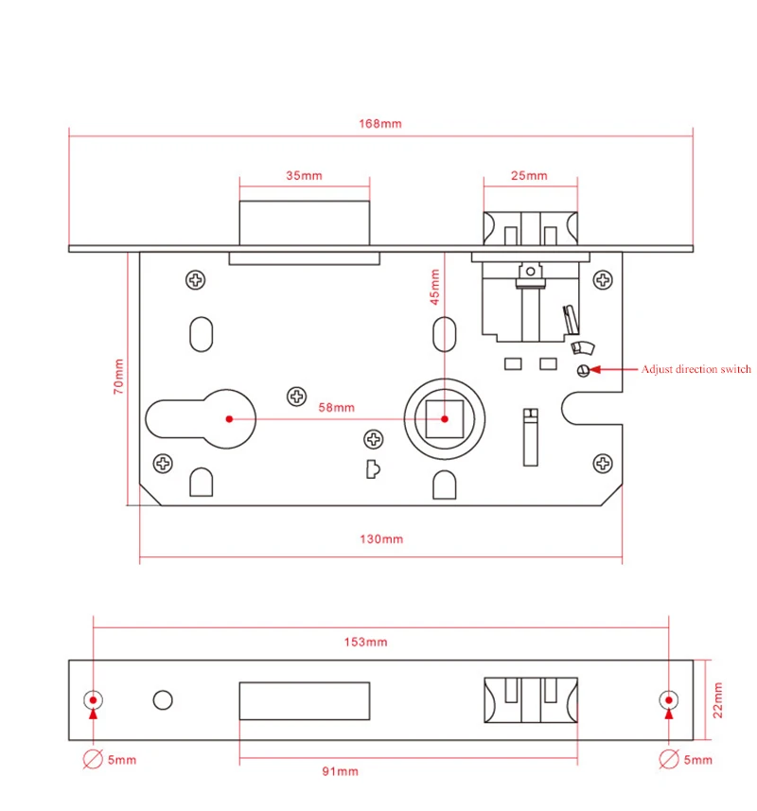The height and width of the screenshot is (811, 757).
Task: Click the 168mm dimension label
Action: coord(379,124)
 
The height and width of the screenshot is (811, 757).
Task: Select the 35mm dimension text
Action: coord(304,175)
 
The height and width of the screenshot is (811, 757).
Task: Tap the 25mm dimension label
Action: coord(529,175)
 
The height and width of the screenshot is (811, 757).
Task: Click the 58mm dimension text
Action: coord(336,407)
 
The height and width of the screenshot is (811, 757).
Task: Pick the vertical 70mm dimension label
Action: coord(118,376)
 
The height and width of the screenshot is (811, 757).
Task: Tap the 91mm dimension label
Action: coord(340,771)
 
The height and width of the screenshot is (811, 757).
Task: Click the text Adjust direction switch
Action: coord(696,369)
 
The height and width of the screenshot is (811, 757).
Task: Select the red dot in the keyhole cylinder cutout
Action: coord(228,417)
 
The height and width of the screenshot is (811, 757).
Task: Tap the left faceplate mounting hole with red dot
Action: coord(93,700)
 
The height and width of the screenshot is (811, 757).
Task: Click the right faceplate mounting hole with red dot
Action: coord(668,700)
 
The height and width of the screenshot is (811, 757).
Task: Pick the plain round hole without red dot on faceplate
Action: coord(163,700)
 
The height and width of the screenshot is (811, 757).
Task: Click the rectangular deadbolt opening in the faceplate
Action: coord(304,701)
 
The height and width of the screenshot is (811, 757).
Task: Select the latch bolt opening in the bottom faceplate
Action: coord(529,701)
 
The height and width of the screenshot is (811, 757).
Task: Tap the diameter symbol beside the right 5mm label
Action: coord(668,759)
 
